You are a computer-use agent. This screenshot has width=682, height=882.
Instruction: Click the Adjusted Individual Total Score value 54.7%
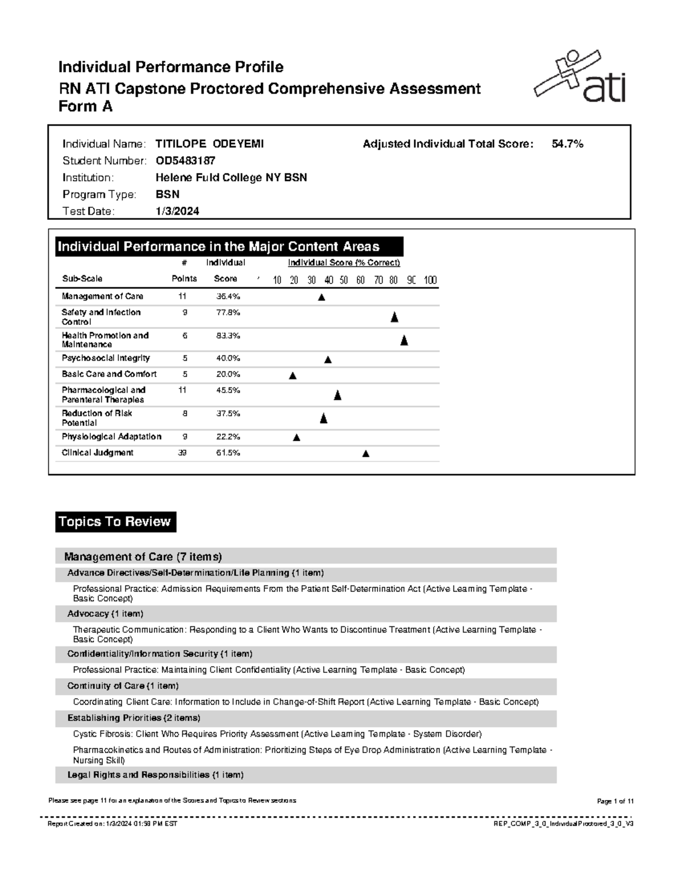pyautogui.click(x=567, y=144)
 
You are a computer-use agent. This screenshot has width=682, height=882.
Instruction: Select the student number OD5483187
pyautogui.click(x=185, y=161)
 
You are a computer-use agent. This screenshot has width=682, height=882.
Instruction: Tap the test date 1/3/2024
pyautogui.click(x=177, y=211)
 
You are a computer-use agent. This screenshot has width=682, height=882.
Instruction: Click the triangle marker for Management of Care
pyautogui.click(x=321, y=297)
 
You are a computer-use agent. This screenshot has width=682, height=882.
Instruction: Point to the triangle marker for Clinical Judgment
pyautogui.click(x=365, y=453)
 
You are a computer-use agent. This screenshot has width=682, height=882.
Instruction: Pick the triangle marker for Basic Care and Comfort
pyautogui.click(x=293, y=375)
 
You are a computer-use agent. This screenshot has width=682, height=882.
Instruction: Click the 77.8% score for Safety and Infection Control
pyautogui.click(x=228, y=312)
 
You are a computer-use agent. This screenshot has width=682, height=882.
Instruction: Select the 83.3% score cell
pyautogui.click(x=228, y=336)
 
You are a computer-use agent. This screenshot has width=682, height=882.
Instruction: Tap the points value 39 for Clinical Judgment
pyautogui.click(x=182, y=453)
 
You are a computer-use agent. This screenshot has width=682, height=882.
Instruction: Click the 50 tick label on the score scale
pyautogui.click(x=344, y=280)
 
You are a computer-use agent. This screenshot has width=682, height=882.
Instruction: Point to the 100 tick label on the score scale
pyautogui.click(x=430, y=280)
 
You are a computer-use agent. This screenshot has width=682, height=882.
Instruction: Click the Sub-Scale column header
pyautogui.click(x=82, y=279)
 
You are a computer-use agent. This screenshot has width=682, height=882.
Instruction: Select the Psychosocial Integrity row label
pyautogui.click(x=106, y=358)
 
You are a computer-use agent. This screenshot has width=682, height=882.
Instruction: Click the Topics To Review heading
pyautogui.click(x=115, y=522)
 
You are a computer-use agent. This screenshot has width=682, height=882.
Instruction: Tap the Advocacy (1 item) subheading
pyautogui.click(x=105, y=614)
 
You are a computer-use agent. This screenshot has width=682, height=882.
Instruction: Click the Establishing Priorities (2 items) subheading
pyautogui.click(x=134, y=718)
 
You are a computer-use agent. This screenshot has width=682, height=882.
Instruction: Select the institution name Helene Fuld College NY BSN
pyautogui.click(x=231, y=178)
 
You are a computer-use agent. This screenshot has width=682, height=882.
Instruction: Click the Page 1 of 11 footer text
pyautogui.click(x=615, y=801)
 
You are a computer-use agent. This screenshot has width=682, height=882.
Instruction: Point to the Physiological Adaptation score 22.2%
pyautogui.click(x=228, y=437)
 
